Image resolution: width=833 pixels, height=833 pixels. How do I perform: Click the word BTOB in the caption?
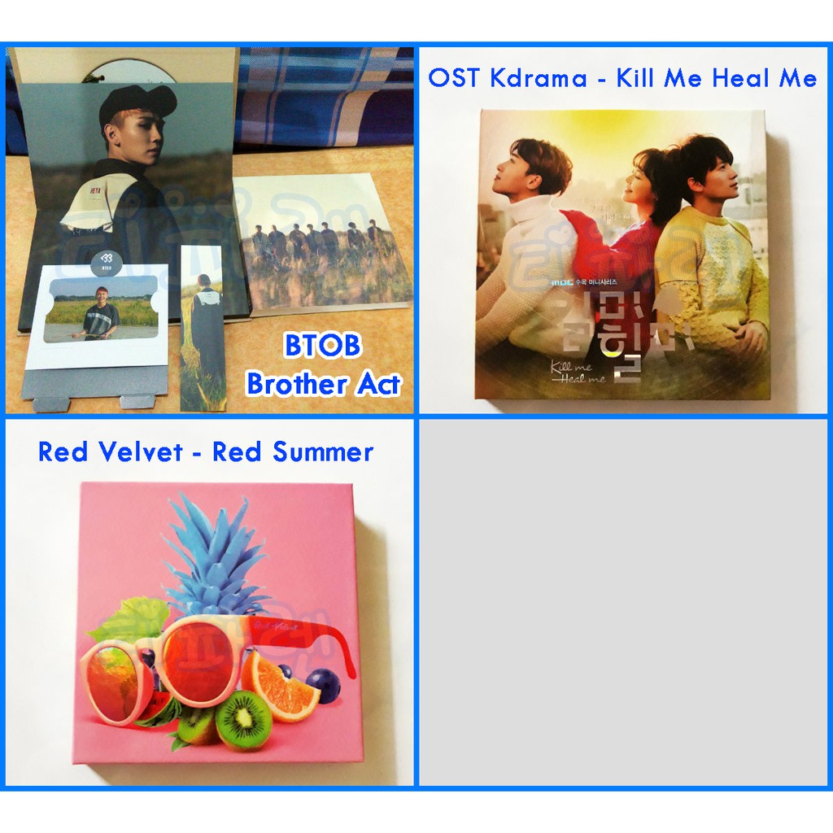tap(322, 347)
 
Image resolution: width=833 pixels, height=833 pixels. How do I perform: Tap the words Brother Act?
tap(323, 383)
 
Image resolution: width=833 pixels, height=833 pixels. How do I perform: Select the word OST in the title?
tap(449, 78)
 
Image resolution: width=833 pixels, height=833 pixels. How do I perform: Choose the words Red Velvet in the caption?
tap(110, 451)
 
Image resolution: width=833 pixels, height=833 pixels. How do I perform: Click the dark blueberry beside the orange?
tap(323, 686)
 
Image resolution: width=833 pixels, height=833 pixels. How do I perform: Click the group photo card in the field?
tap(323, 244)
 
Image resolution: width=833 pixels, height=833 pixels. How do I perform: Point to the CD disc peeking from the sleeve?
tap(129, 71)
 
